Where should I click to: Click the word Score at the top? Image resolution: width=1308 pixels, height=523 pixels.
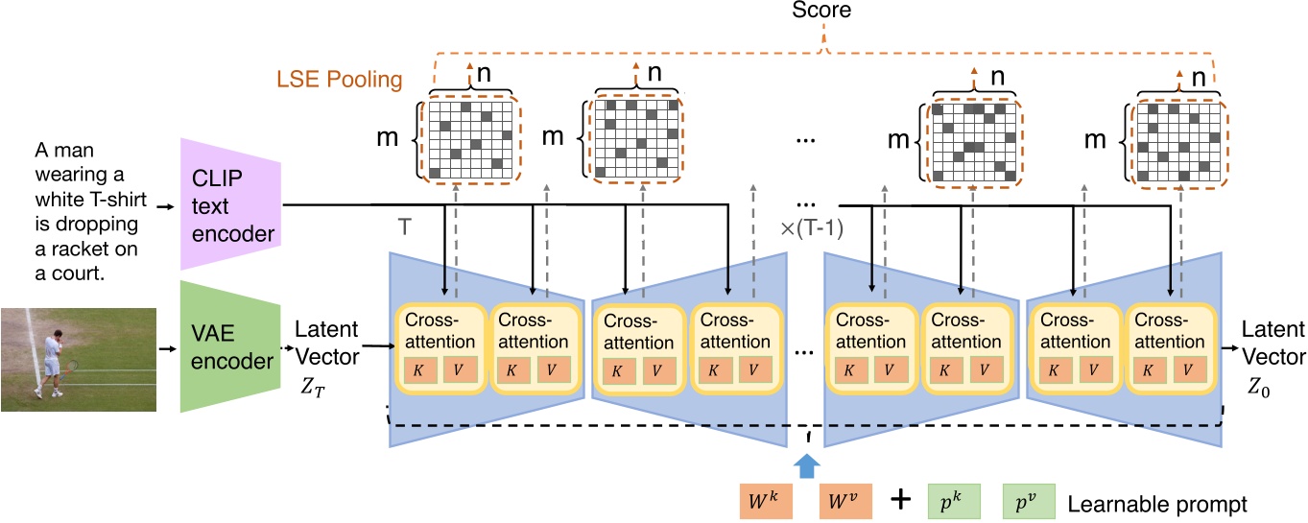822,11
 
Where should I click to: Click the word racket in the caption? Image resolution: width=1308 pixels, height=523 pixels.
75,250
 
